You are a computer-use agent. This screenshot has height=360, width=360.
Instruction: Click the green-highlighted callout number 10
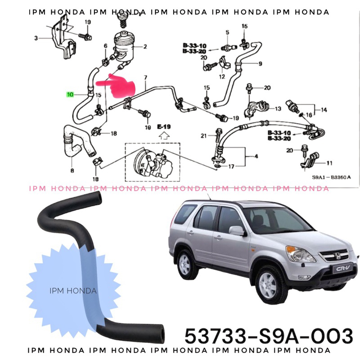point(70,94)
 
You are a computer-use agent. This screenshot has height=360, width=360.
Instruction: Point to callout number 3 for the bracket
point(36,38)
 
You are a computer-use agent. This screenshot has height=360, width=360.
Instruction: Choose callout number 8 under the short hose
point(72,171)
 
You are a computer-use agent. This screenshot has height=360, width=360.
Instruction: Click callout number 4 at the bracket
point(256,157)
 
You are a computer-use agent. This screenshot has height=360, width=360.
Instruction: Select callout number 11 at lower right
point(329,163)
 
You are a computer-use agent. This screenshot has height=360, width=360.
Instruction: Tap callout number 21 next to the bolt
point(203,136)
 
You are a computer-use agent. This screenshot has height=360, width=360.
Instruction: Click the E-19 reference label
point(164,127)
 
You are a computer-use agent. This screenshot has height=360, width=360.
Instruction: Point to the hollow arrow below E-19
point(164,135)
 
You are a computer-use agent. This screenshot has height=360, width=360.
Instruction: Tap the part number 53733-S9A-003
point(269,336)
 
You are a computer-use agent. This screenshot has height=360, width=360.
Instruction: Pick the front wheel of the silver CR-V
point(269,284)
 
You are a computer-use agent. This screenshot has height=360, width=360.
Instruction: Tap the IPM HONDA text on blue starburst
point(73,291)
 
